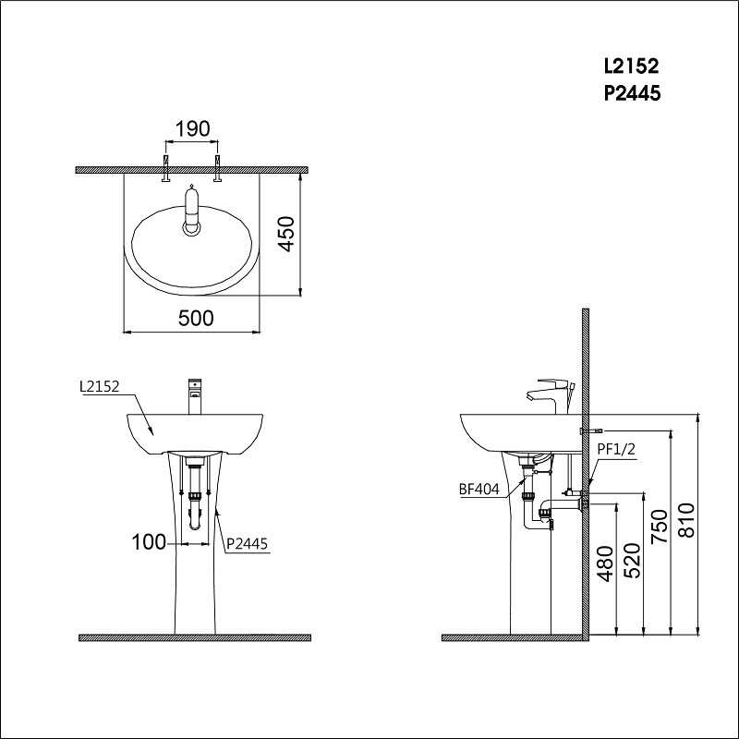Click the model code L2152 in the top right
pyautogui.click(x=631, y=67)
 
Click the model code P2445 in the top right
pyautogui.click(x=631, y=92)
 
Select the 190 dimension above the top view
pyautogui.click(x=192, y=128)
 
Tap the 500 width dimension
pyautogui.click(x=195, y=318)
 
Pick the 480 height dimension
pyautogui.click(x=605, y=563)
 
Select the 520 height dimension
pyautogui.click(x=632, y=558)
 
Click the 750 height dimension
pyautogui.click(x=659, y=527)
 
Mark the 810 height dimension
pyautogui.click(x=685, y=527)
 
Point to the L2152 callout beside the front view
pyautogui.click(x=100, y=389)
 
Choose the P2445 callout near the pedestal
pyautogui.click(x=247, y=544)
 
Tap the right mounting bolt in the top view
pyautogui.click(x=219, y=170)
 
